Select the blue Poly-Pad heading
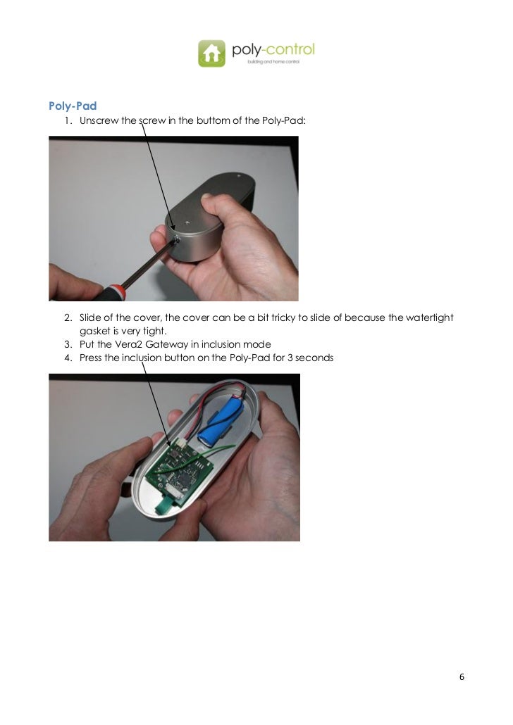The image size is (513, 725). coord(72,106)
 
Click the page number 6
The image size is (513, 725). coord(462,677)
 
